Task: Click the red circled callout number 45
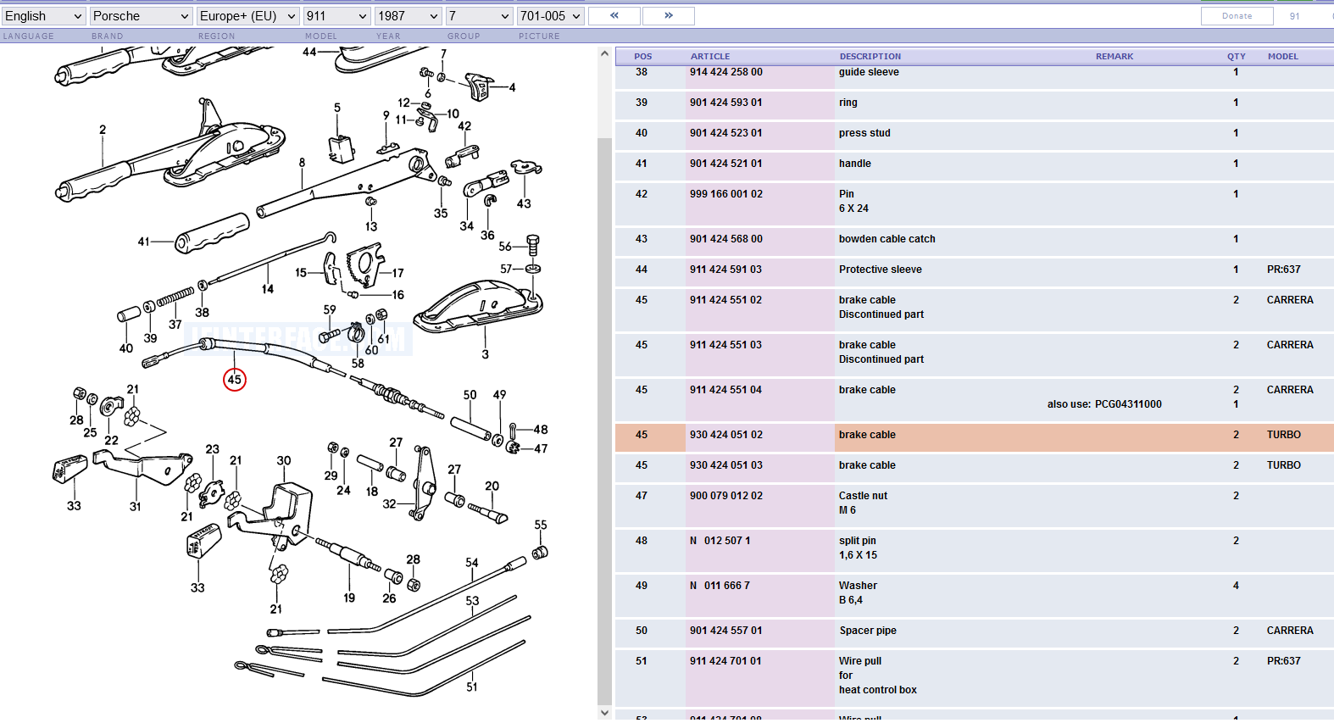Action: tap(235, 380)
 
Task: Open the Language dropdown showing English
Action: tap(43, 16)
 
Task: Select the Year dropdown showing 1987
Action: tap(409, 16)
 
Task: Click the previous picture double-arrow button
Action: tap(614, 16)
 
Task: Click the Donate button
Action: tap(1237, 16)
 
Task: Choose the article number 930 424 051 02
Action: tap(726, 435)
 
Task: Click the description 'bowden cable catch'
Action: tap(887, 239)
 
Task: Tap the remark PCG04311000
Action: tap(1128, 404)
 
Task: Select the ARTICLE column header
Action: tap(710, 57)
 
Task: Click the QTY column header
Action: tap(1236, 57)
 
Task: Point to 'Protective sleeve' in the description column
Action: tap(881, 270)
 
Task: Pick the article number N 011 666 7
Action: tap(720, 586)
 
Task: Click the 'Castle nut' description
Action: tap(863, 496)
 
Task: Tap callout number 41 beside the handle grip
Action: tap(143, 242)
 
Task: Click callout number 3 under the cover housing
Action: tap(485, 354)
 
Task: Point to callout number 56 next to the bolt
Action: tap(505, 247)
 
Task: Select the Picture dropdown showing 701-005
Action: tap(551, 16)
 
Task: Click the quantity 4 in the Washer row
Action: tap(1236, 586)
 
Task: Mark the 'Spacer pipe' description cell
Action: tap(868, 631)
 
